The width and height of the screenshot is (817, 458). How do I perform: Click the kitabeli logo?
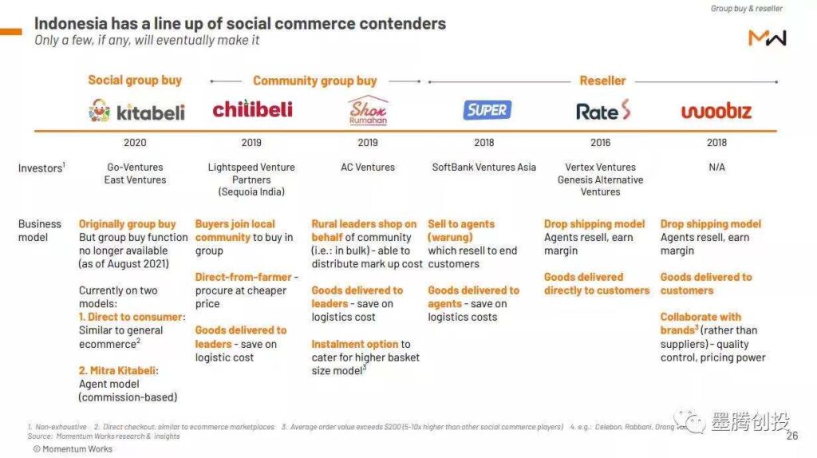pyautogui.click(x=136, y=111)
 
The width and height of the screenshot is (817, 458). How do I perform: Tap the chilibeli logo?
pyautogui.click(x=252, y=109)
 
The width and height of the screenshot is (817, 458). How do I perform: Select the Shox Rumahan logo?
pyautogui.click(x=368, y=111)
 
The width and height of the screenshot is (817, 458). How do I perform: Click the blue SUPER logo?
pyautogui.click(x=487, y=110)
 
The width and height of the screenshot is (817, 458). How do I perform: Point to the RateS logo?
pyautogui.click(x=603, y=111)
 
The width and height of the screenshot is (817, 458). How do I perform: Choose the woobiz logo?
pyautogui.click(x=716, y=111)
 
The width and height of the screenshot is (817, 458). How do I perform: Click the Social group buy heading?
pyautogui.click(x=135, y=80)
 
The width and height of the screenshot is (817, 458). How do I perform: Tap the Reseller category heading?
pyautogui.click(x=602, y=81)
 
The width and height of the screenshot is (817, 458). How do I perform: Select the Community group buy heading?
pyautogui.click(x=314, y=81)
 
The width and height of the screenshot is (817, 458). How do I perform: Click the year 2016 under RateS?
pyautogui.click(x=600, y=143)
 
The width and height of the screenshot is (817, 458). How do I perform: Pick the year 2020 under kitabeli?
pyautogui.click(x=135, y=143)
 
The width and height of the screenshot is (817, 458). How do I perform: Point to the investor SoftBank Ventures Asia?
pyautogui.click(x=483, y=168)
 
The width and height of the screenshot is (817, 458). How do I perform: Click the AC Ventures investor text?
pyautogui.click(x=368, y=168)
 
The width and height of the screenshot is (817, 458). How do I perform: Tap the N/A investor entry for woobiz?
pyautogui.click(x=716, y=168)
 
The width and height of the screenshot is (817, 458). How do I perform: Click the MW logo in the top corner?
pyautogui.click(x=767, y=38)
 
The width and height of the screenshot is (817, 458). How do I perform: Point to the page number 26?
pyautogui.click(x=791, y=436)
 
